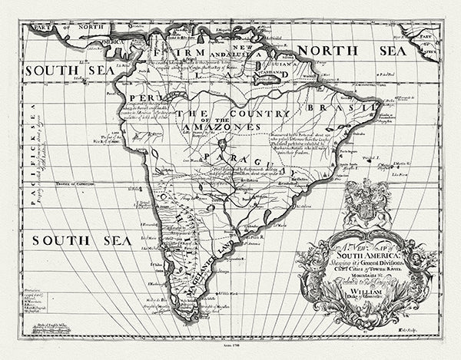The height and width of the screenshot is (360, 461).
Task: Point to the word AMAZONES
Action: click(224, 127)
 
